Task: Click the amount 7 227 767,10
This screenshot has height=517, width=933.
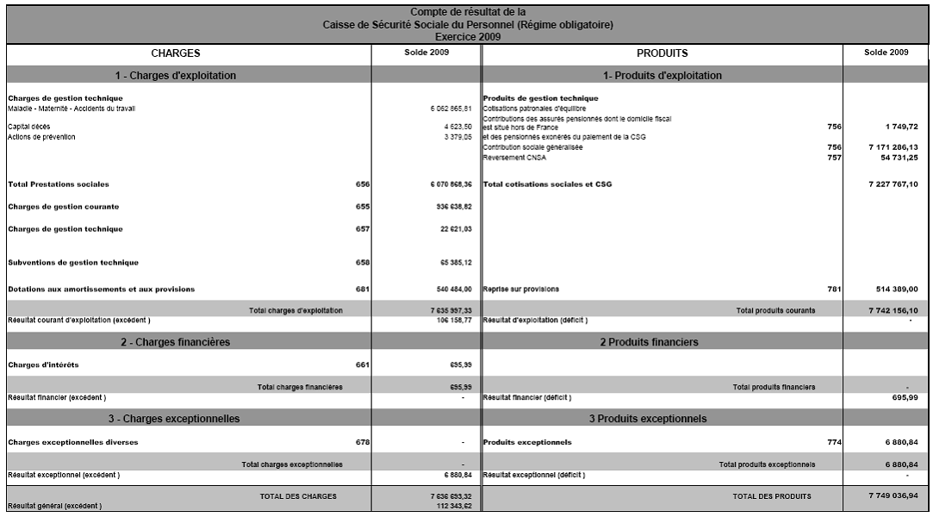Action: (887, 184)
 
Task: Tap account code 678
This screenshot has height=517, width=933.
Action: (362, 442)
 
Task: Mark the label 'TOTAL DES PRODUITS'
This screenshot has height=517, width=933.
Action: (771, 496)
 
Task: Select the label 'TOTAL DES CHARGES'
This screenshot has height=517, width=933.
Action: (298, 496)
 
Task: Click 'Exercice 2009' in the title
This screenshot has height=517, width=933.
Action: (466, 38)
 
